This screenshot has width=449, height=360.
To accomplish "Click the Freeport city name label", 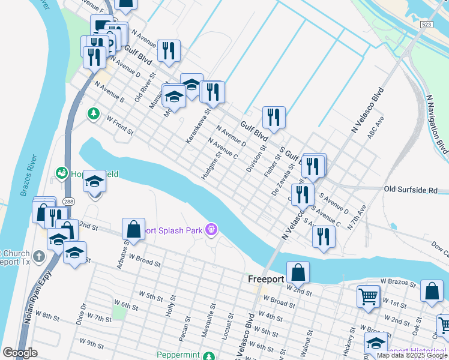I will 266,280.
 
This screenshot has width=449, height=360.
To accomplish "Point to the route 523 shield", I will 426,25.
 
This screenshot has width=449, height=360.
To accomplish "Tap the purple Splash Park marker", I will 211,229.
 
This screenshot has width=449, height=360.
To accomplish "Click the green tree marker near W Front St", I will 94,113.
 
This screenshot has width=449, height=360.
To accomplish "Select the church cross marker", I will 39,257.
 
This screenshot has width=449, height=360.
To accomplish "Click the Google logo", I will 20,353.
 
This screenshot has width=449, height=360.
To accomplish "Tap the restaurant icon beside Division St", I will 274,117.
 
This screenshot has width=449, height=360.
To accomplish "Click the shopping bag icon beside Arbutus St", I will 133,229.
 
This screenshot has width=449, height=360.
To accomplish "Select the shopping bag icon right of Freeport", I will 298,272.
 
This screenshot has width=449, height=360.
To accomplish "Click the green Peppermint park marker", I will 208,355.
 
